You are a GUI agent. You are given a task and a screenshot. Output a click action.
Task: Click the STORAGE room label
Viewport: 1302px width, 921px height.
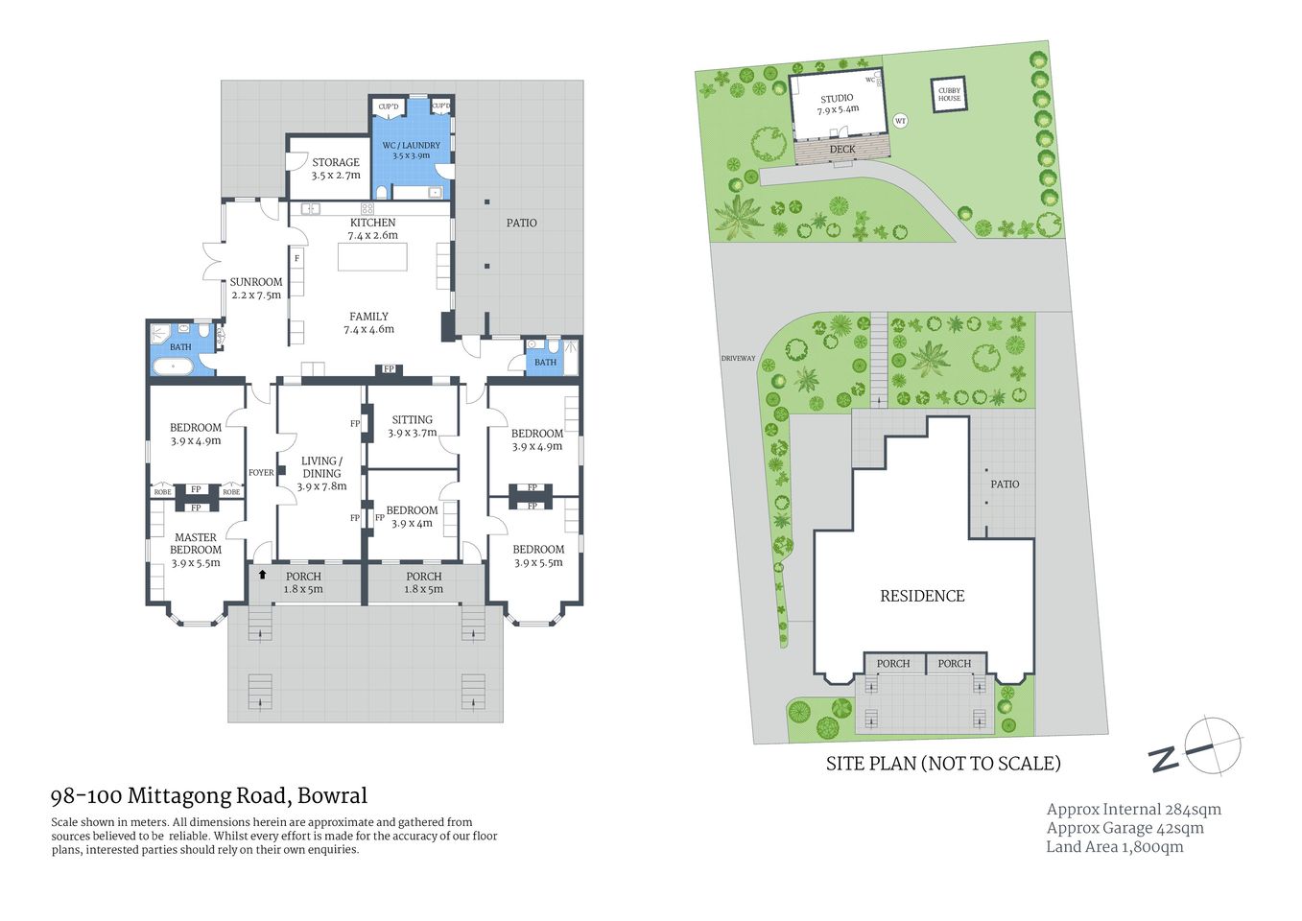click(x=336, y=169)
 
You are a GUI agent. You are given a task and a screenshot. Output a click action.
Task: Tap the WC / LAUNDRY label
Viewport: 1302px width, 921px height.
click(x=411, y=151)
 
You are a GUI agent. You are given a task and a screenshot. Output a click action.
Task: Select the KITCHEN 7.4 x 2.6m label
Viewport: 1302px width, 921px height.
click(x=372, y=228)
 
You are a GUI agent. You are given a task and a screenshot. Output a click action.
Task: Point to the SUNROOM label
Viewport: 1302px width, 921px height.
click(x=256, y=288)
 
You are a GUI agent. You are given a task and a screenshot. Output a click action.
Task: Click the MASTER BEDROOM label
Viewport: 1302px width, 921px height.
click(x=196, y=550)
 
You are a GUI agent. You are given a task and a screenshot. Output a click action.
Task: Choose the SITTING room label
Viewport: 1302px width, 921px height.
click(x=413, y=426)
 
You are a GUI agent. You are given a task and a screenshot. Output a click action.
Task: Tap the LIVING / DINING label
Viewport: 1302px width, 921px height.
click(x=321, y=473)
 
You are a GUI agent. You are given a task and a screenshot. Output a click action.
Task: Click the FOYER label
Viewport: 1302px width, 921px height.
click(x=261, y=473)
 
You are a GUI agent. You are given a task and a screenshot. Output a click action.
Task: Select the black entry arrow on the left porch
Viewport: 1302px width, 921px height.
click(x=262, y=574)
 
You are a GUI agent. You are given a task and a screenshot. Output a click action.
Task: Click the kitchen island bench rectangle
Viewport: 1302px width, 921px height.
click(x=372, y=257)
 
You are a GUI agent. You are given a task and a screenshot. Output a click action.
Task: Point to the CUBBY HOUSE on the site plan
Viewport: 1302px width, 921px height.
click(x=949, y=94)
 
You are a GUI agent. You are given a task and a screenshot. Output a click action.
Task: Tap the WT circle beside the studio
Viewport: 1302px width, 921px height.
click(x=900, y=121)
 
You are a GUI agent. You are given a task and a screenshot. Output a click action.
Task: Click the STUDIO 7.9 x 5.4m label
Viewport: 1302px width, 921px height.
click(x=838, y=104)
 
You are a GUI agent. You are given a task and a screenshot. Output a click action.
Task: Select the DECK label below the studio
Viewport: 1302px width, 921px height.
click(x=842, y=150)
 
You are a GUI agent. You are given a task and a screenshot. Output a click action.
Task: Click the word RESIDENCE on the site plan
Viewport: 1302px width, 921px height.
click(x=922, y=596)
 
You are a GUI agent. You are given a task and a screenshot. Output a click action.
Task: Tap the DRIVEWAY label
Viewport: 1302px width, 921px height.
click(x=739, y=359)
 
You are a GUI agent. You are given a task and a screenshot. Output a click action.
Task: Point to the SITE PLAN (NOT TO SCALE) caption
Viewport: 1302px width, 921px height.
click(x=943, y=764)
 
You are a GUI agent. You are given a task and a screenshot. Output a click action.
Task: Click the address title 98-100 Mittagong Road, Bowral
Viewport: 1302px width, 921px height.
click(x=209, y=795)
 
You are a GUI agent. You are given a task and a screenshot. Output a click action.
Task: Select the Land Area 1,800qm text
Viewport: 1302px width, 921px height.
click(x=1115, y=847)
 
